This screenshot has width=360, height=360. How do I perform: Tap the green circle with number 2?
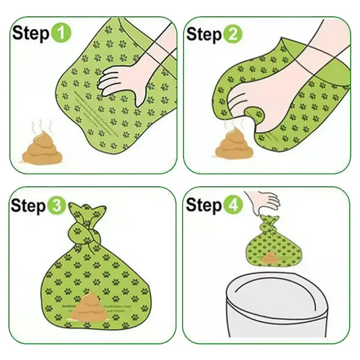[233, 35]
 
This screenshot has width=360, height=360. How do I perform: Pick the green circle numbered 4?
[233, 206]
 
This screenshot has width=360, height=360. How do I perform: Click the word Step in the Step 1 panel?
[31, 34]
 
